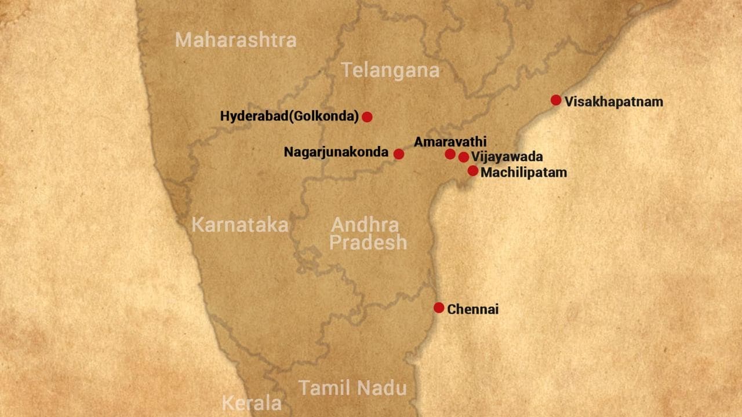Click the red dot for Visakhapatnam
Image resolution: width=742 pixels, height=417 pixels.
pos(556,100)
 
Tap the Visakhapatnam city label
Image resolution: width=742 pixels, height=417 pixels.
pos(614,102)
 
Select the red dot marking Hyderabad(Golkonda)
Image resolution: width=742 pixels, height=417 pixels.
pos(367,117)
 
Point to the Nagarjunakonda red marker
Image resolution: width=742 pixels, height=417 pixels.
pos(399,153)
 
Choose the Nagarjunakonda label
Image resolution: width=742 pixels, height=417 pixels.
pos(336,152)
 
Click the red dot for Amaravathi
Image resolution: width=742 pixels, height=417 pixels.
pos(450,153)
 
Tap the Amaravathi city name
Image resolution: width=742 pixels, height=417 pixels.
pos(450,142)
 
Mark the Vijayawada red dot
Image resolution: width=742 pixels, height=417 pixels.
pos(464,157)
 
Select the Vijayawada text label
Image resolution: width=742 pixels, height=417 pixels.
pos(507,157)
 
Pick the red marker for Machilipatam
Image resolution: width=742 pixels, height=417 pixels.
pos(473,171)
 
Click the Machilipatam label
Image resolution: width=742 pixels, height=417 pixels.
pos(523,173)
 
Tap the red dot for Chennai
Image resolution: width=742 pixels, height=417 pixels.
pos(439,308)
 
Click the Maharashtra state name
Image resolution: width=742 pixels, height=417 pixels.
pos(235,40)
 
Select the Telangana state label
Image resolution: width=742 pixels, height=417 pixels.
pos(390,71)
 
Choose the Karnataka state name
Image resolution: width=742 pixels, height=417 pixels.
pos(239,225)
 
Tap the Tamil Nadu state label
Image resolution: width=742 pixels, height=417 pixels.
pos(352,387)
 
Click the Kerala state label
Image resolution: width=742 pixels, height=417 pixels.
pos(252,403)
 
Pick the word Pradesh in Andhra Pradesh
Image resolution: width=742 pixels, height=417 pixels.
pos(368,243)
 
